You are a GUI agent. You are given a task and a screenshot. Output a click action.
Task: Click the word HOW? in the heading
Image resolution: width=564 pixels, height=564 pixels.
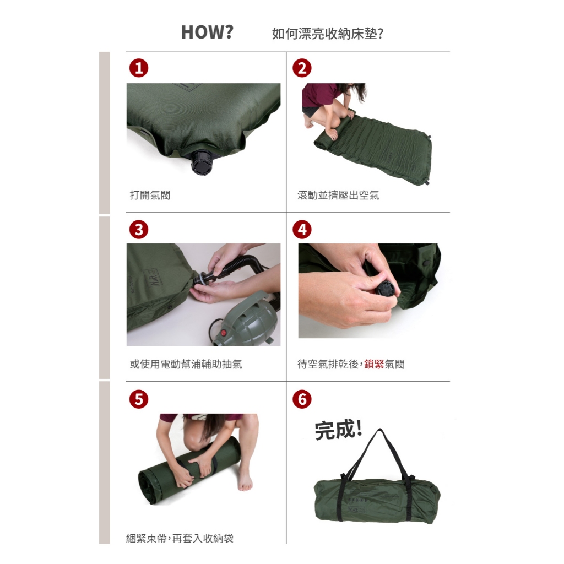[x=207, y=32]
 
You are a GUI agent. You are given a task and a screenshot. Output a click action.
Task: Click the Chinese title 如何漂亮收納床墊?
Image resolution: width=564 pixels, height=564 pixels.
[x=328, y=34]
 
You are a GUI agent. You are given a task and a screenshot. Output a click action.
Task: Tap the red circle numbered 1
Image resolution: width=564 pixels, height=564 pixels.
[x=139, y=68]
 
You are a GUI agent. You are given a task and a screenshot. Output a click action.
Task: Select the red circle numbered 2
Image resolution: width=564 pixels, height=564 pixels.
[x=302, y=68]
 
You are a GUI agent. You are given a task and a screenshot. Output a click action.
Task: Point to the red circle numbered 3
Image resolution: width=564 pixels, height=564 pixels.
[x=139, y=230]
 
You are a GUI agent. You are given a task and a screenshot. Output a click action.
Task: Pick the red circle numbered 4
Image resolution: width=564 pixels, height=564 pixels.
[x=302, y=230]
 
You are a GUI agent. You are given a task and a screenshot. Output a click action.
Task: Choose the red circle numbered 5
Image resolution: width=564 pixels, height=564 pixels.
[x=139, y=399]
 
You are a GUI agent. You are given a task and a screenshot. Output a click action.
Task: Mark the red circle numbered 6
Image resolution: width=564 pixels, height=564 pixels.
[x=302, y=399]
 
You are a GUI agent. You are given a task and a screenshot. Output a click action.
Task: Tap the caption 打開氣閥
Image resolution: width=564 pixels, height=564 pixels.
[x=150, y=196]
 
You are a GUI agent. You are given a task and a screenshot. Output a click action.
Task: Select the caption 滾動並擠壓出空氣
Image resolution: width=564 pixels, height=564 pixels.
[x=338, y=196]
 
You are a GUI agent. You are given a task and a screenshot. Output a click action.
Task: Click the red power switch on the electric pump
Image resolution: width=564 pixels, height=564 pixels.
[x=225, y=333]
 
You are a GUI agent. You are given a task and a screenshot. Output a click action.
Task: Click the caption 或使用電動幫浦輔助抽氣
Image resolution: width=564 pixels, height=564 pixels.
[x=186, y=365]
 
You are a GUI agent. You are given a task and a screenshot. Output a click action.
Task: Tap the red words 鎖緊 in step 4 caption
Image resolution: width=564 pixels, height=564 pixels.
[x=374, y=365]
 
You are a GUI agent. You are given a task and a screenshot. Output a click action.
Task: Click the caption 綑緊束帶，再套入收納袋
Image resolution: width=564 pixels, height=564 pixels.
[x=180, y=539]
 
